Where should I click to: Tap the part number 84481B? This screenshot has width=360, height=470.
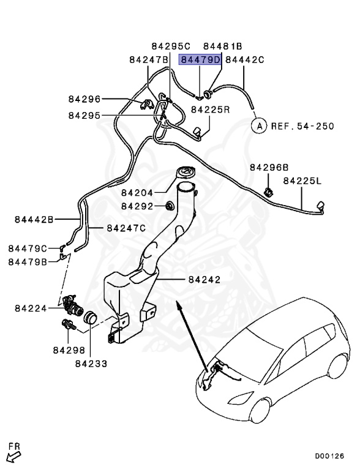[x=223, y=46]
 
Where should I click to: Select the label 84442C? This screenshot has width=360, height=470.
[x=245, y=59]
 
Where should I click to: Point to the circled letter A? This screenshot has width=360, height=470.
[x=260, y=127]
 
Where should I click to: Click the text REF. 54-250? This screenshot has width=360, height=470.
[x=303, y=127]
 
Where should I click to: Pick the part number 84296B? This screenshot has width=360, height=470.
[x=269, y=166]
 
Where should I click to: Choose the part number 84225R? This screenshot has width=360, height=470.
[x=210, y=110]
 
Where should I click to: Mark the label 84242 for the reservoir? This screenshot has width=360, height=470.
[x=204, y=279]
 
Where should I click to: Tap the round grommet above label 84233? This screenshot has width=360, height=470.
[x=90, y=318]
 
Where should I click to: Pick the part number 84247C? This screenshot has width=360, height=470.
[x=126, y=228]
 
